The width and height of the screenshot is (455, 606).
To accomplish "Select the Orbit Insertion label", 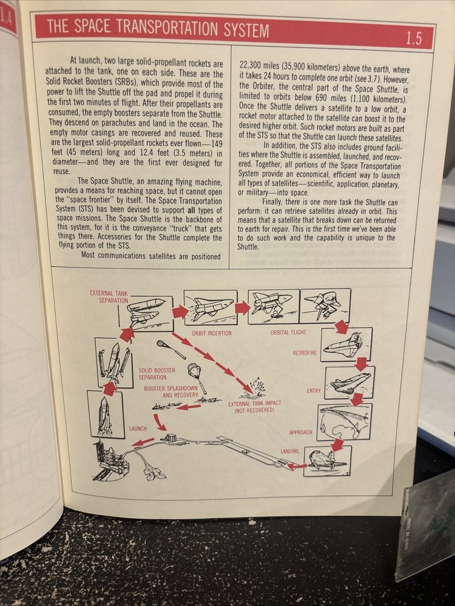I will coord(211,333).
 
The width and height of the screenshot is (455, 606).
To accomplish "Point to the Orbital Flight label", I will coord(288,332).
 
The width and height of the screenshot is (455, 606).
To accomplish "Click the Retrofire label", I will coord(305,353).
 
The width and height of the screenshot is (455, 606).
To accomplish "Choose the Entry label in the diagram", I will coord(314,391).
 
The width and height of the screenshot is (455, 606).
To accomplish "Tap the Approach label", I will coord(300,432).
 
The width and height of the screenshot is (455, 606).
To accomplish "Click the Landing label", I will coord(289,451).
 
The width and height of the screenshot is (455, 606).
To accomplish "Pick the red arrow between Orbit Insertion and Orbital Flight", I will coord(243,308).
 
